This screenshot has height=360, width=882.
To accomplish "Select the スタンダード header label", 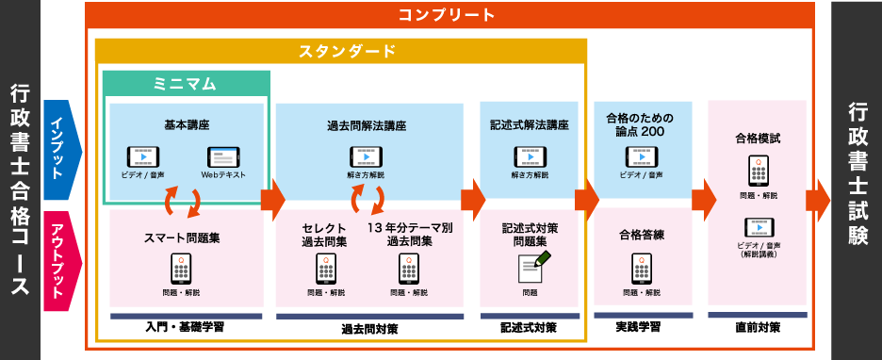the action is click(x=347, y=51).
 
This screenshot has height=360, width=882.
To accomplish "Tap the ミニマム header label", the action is click(x=185, y=84).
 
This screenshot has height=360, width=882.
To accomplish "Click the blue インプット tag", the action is click(x=63, y=150).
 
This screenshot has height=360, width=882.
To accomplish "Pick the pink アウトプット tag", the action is click(x=63, y=261).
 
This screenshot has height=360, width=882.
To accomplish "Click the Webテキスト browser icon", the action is click(x=223, y=157).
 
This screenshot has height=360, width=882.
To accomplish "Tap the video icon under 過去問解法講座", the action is click(x=367, y=157).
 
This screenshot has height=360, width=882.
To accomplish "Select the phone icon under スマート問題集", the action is click(x=181, y=269).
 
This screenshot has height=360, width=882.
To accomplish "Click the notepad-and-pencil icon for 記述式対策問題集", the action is click(x=533, y=268).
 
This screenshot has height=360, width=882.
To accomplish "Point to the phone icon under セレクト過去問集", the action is click(x=326, y=269).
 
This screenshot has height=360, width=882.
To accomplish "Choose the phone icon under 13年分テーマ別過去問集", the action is click(x=409, y=269).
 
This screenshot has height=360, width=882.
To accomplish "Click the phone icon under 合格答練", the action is click(x=642, y=269).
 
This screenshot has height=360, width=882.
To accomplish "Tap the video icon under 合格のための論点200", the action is click(x=642, y=157).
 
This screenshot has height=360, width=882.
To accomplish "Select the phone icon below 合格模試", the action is click(x=758, y=171).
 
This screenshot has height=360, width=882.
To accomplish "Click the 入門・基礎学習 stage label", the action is click(x=184, y=327).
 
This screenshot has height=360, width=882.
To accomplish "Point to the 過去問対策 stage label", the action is click(x=369, y=329).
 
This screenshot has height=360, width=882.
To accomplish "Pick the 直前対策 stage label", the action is click(x=757, y=327).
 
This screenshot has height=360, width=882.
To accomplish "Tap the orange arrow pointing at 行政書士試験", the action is click(x=818, y=201).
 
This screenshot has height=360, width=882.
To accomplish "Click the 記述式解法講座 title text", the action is click(x=530, y=125).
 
